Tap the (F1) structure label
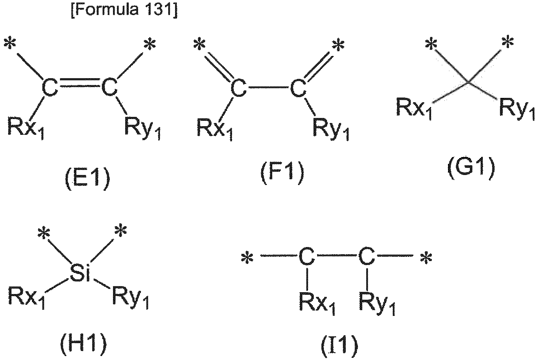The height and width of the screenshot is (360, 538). [283, 173]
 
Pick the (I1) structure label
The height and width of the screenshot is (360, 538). [339, 346]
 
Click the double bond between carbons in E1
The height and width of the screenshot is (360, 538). [79, 82]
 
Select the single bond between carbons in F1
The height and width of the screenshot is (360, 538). [268, 87]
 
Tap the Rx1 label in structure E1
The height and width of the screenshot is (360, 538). [26, 128]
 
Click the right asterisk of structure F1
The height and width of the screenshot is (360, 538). [338, 45]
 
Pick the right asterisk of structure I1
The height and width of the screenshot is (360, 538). [426, 258]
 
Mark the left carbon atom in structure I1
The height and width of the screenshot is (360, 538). [307, 256]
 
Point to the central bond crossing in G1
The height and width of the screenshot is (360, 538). [468, 83]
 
